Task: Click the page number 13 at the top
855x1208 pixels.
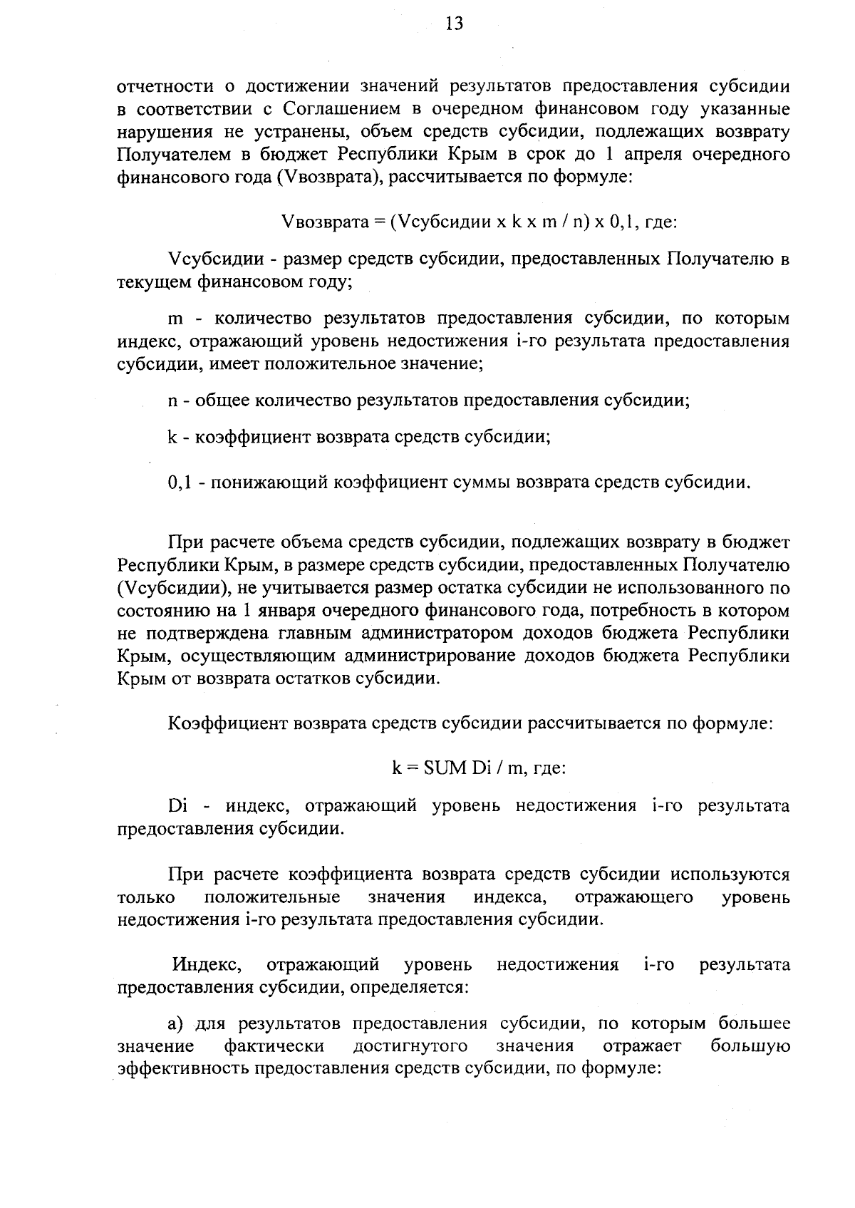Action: coord(454,25)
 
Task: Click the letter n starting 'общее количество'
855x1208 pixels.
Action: coord(172,401)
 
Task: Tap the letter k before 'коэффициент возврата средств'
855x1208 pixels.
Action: coord(172,437)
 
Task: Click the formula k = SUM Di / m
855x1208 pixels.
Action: coord(478,768)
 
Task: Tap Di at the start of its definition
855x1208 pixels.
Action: coord(177,806)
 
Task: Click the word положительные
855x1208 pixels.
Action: coord(272,897)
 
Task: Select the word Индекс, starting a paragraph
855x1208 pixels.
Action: coord(206,965)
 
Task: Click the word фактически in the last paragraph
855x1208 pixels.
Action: coord(274,1046)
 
